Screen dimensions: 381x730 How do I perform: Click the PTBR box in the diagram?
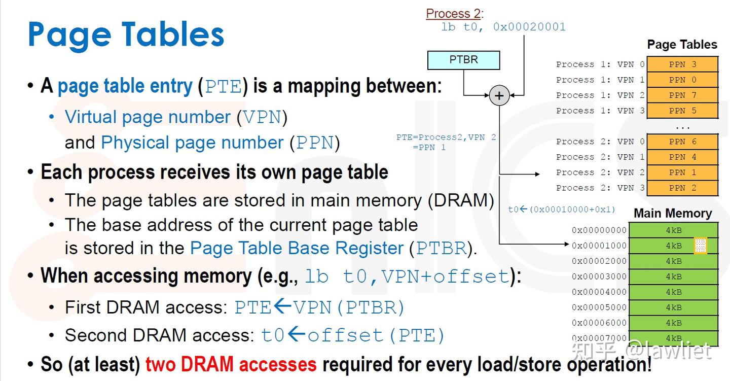tap(463, 60)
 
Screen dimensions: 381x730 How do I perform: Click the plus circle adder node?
tap(499, 95)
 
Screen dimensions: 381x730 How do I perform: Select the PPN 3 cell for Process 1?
tap(682, 64)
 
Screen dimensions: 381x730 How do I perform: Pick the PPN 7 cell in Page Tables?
tap(682, 95)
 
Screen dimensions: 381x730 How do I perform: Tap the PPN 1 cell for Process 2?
tap(682, 172)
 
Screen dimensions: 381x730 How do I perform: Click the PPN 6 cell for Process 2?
tap(682, 142)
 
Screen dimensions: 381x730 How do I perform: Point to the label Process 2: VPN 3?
tap(600, 188)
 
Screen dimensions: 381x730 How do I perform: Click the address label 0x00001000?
tap(599, 246)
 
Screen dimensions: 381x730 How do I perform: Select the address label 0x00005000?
tap(599, 307)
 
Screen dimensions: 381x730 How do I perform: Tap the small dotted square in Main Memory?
tap(700, 246)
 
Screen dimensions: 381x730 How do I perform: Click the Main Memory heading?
tap(673, 213)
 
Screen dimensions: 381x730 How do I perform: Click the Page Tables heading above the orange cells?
tap(682, 45)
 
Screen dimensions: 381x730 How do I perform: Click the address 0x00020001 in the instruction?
tap(529, 27)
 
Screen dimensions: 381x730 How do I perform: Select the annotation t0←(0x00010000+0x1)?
tap(562, 209)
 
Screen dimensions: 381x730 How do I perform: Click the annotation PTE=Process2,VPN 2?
tap(446, 137)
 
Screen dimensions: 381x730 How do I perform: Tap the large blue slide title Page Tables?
tap(126, 34)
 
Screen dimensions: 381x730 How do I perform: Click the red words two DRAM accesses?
tap(231, 364)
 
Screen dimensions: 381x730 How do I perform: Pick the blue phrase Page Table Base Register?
tap(297, 248)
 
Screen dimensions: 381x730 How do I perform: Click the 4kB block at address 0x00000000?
tap(674, 230)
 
